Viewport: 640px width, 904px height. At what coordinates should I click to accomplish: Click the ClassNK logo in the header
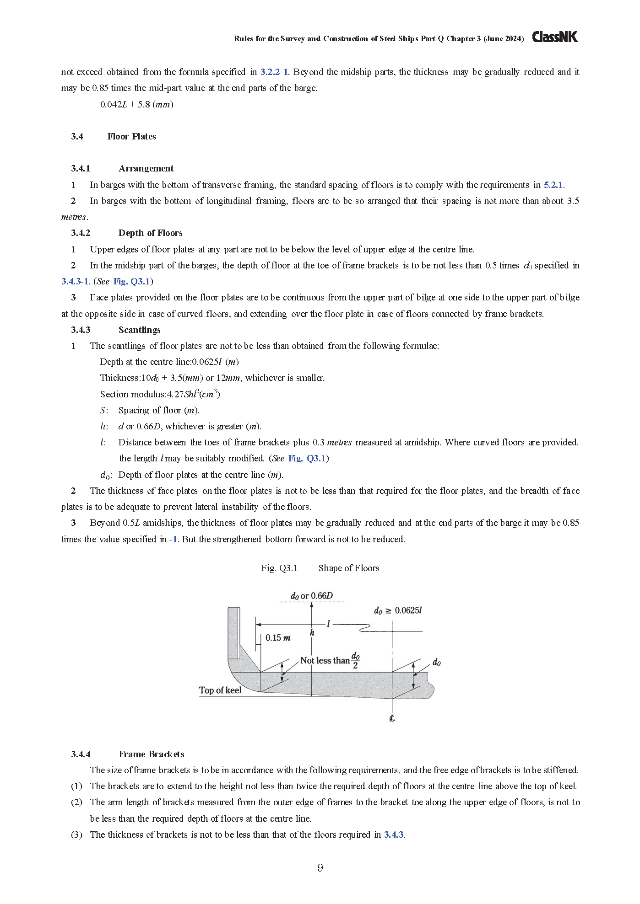[554, 37]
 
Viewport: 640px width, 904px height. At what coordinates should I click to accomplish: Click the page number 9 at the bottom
[320, 867]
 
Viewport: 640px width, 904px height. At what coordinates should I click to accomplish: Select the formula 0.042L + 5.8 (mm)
[136, 104]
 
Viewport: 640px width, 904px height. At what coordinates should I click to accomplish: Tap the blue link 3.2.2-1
[274, 72]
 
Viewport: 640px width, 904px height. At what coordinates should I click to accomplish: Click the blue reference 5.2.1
[553, 185]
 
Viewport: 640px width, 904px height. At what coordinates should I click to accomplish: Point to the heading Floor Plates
[131, 136]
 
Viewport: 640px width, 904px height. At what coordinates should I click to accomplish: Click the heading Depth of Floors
[150, 233]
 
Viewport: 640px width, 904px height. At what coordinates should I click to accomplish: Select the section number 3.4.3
[81, 330]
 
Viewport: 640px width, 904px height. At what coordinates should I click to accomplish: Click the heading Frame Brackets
[151, 754]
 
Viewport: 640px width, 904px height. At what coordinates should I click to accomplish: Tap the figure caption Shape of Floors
[349, 568]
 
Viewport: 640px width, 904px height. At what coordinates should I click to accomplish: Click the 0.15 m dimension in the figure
[277, 638]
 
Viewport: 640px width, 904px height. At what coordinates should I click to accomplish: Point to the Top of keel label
[220, 690]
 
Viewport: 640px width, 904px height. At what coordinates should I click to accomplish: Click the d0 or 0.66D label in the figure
[312, 596]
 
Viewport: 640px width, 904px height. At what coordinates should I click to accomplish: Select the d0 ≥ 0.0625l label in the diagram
[397, 610]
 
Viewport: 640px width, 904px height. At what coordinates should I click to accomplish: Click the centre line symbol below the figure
[392, 718]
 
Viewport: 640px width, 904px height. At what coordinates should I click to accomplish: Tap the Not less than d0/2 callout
[330, 660]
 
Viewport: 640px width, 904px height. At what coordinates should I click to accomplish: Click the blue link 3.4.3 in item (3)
[394, 834]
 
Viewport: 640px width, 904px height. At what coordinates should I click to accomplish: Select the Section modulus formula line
[160, 394]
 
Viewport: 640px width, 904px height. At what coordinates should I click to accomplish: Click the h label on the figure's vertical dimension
[312, 633]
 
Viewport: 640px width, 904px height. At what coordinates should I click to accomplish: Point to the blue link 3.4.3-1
[75, 281]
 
